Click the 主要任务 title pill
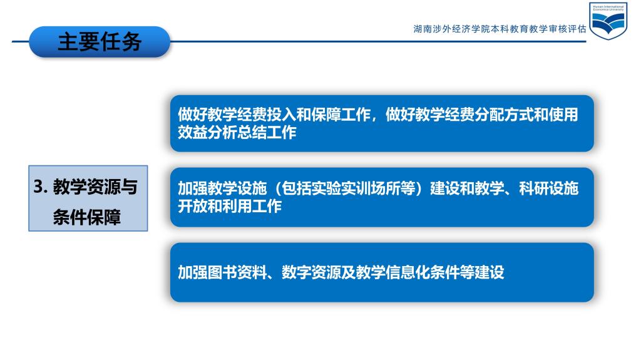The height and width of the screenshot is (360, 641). tap(100, 42)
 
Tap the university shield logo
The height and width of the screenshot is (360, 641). tap(608, 21)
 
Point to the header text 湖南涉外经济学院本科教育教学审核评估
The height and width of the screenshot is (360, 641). tap(500, 29)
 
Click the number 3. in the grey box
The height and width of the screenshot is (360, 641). tap(41, 187)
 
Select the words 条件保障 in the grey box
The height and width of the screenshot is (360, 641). tap(86, 217)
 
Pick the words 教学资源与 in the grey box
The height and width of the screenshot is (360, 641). tap(95, 187)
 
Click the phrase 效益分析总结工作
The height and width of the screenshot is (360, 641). tap(237, 132)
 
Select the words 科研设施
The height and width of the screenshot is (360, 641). tap(548, 188)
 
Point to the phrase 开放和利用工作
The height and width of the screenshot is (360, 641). tap(230, 206)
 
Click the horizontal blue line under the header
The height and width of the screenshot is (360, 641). tap(378, 41)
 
